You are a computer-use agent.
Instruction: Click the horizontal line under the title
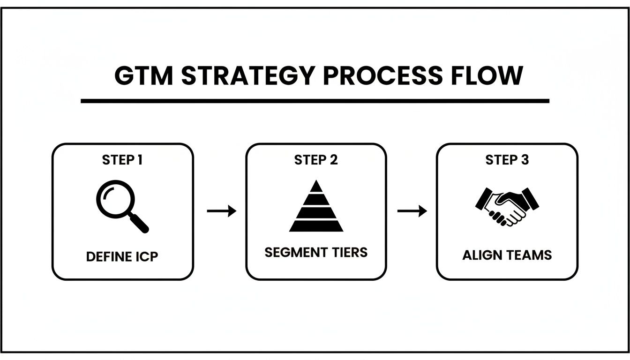[x=315, y=101]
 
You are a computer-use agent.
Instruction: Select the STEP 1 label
[x=122, y=160]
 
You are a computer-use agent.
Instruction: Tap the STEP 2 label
[x=316, y=160]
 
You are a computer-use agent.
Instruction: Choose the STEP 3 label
[x=507, y=160]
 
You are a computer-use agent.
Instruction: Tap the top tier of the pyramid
[x=316, y=186]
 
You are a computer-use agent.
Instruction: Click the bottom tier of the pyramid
[x=316, y=226]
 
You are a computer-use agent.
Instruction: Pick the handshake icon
[x=507, y=206]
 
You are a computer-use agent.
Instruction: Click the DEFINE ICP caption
[x=122, y=257]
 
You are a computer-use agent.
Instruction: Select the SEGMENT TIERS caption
[x=316, y=253]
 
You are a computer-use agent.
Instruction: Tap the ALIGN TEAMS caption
[x=507, y=255]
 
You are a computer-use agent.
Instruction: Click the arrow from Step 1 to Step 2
[x=221, y=211]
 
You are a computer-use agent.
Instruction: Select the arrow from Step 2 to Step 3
[x=412, y=211]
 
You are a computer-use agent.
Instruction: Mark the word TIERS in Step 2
[x=346, y=253]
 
